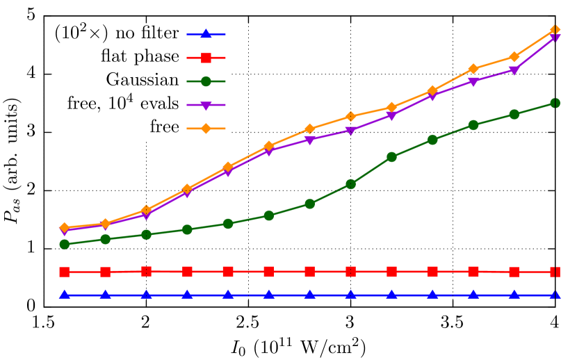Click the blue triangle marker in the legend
(206, 34)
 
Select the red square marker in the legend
(206, 58)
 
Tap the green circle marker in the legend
(206, 81)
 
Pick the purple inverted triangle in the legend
(206, 106)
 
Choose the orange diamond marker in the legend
(206, 129)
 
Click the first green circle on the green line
(65, 244)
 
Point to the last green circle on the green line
(555, 103)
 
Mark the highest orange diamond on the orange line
(555, 31)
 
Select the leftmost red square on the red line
(65, 272)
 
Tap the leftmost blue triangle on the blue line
(65, 295)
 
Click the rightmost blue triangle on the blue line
(555, 295)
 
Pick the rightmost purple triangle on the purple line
(555, 38)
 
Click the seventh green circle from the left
(310, 204)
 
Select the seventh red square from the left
(310, 272)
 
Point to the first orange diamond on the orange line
(65, 227)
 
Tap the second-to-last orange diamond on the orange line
(514, 56)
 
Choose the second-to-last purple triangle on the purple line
(514, 70)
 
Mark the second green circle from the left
(106, 239)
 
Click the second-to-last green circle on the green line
(514, 114)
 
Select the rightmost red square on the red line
(555, 272)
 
